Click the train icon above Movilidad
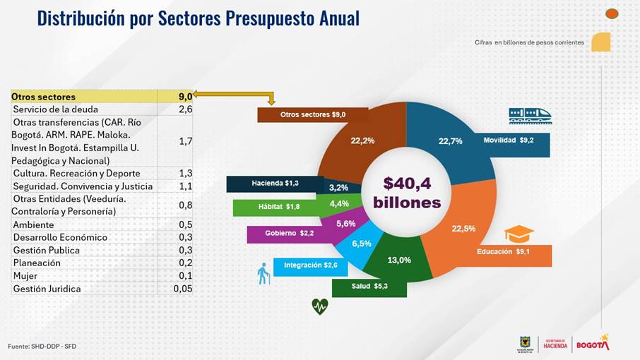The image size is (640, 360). tap(530, 116)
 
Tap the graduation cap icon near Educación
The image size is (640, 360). tap(518, 234)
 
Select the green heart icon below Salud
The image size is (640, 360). tap(320, 306)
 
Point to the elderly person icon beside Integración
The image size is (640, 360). tap(263, 274)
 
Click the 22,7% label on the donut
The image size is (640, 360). tap(450, 141)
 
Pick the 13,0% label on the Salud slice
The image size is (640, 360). tap(399, 260)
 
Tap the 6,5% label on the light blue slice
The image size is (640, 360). tap(361, 244)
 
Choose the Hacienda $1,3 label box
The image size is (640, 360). tap(275, 184)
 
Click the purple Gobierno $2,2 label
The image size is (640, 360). tap(289, 233)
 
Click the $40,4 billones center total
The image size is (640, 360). tap(407, 193)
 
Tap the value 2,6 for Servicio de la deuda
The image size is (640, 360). tap(185, 109)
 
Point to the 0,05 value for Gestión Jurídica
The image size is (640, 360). tap(183, 289)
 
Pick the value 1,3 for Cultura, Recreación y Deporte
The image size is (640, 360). tap(185, 174)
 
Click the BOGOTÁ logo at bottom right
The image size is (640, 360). tap(593, 344)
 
